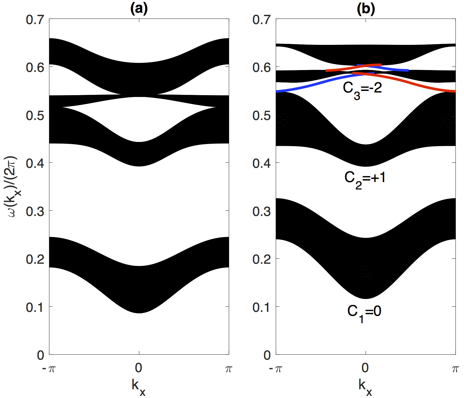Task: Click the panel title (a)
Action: coord(139,9)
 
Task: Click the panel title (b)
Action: coord(366,9)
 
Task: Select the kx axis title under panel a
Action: coord(139,387)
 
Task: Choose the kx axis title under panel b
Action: coord(365,387)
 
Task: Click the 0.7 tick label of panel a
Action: coord(35,20)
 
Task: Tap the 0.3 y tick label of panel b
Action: coord(262,211)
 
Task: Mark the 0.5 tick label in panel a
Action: coord(35,115)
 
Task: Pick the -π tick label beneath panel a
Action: coord(49,368)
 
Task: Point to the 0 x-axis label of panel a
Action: coord(139,368)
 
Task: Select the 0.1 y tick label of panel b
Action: coord(262,307)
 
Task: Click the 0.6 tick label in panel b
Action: coord(262,68)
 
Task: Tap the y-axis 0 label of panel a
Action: coord(41,355)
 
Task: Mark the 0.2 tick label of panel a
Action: coord(35,259)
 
